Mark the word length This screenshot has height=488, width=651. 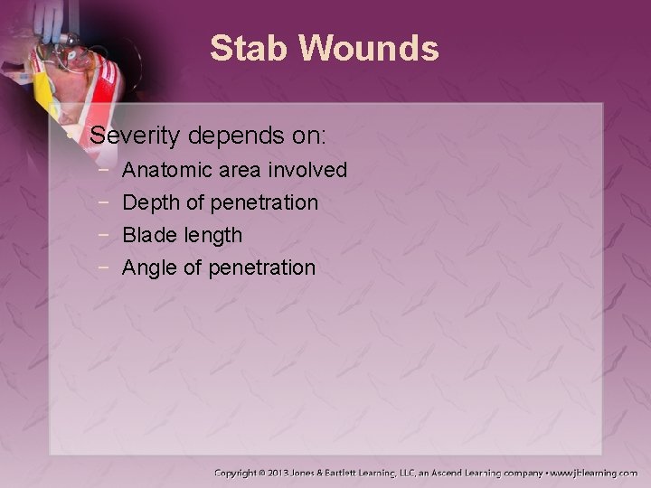[x=212, y=235]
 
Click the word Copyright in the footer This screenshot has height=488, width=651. [x=239, y=473]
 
